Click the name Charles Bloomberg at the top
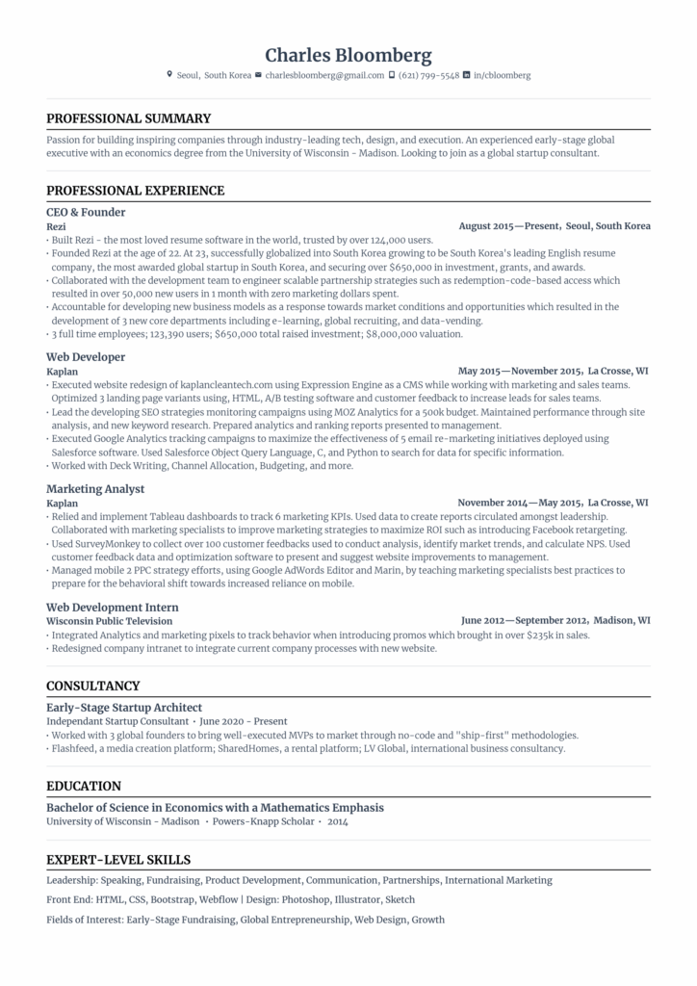(x=348, y=55)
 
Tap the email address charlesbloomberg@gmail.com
(x=324, y=75)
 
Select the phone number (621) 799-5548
(x=428, y=75)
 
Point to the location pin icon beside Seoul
(x=169, y=74)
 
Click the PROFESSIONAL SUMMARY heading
(x=128, y=118)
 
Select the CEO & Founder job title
(x=86, y=212)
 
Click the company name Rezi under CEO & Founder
(x=56, y=226)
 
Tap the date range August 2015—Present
(x=509, y=226)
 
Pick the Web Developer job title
(x=86, y=357)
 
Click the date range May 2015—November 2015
(x=520, y=371)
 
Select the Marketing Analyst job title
(x=95, y=489)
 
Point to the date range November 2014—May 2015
(x=520, y=503)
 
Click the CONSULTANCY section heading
(x=93, y=686)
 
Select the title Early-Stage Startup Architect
(x=124, y=707)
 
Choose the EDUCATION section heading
(x=84, y=786)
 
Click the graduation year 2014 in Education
(x=337, y=821)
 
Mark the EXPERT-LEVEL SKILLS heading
(x=118, y=860)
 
